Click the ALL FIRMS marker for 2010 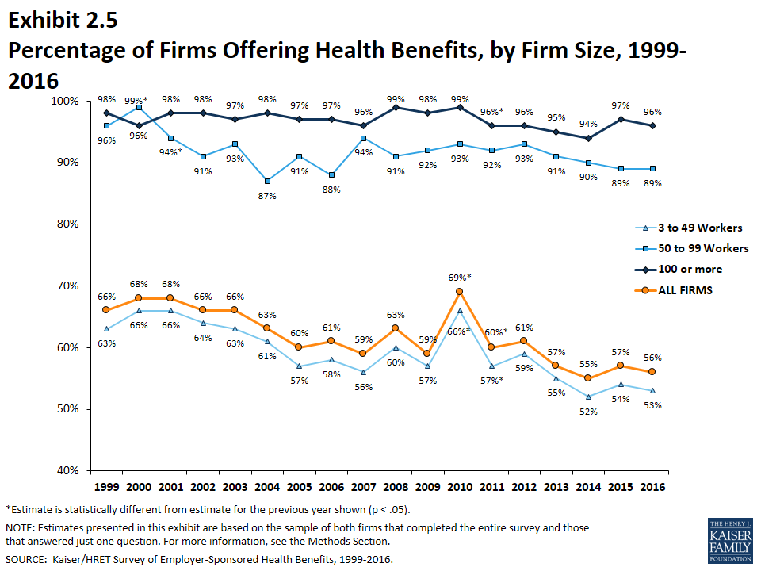pyautogui.click(x=459, y=291)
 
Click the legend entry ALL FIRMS pyautogui.click(x=685, y=289)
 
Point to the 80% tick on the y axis pyautogui.click(x=67, y=224)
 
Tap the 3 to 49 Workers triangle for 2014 pyautogui.click(x=587, y=397)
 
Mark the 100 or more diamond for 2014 pyautogui.click(x=587, y=138)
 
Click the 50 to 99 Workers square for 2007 pyautogui.click(x=363, y=138)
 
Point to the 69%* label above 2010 pyautogui.click(x=459, y=277)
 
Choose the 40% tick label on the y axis pyautogui.click(x=67, y=471)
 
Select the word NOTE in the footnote pyautogui.click(x=21, y=527)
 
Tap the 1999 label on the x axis pyautogui.click(x=106, y=486)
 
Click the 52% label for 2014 pyautogui.click(x=587, y=411)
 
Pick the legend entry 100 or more pyautogui.click(x=690, y=269)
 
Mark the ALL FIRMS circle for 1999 pyautogui.click(x=106, y=310)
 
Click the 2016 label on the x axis pyautogui.click(x=652, y=486)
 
